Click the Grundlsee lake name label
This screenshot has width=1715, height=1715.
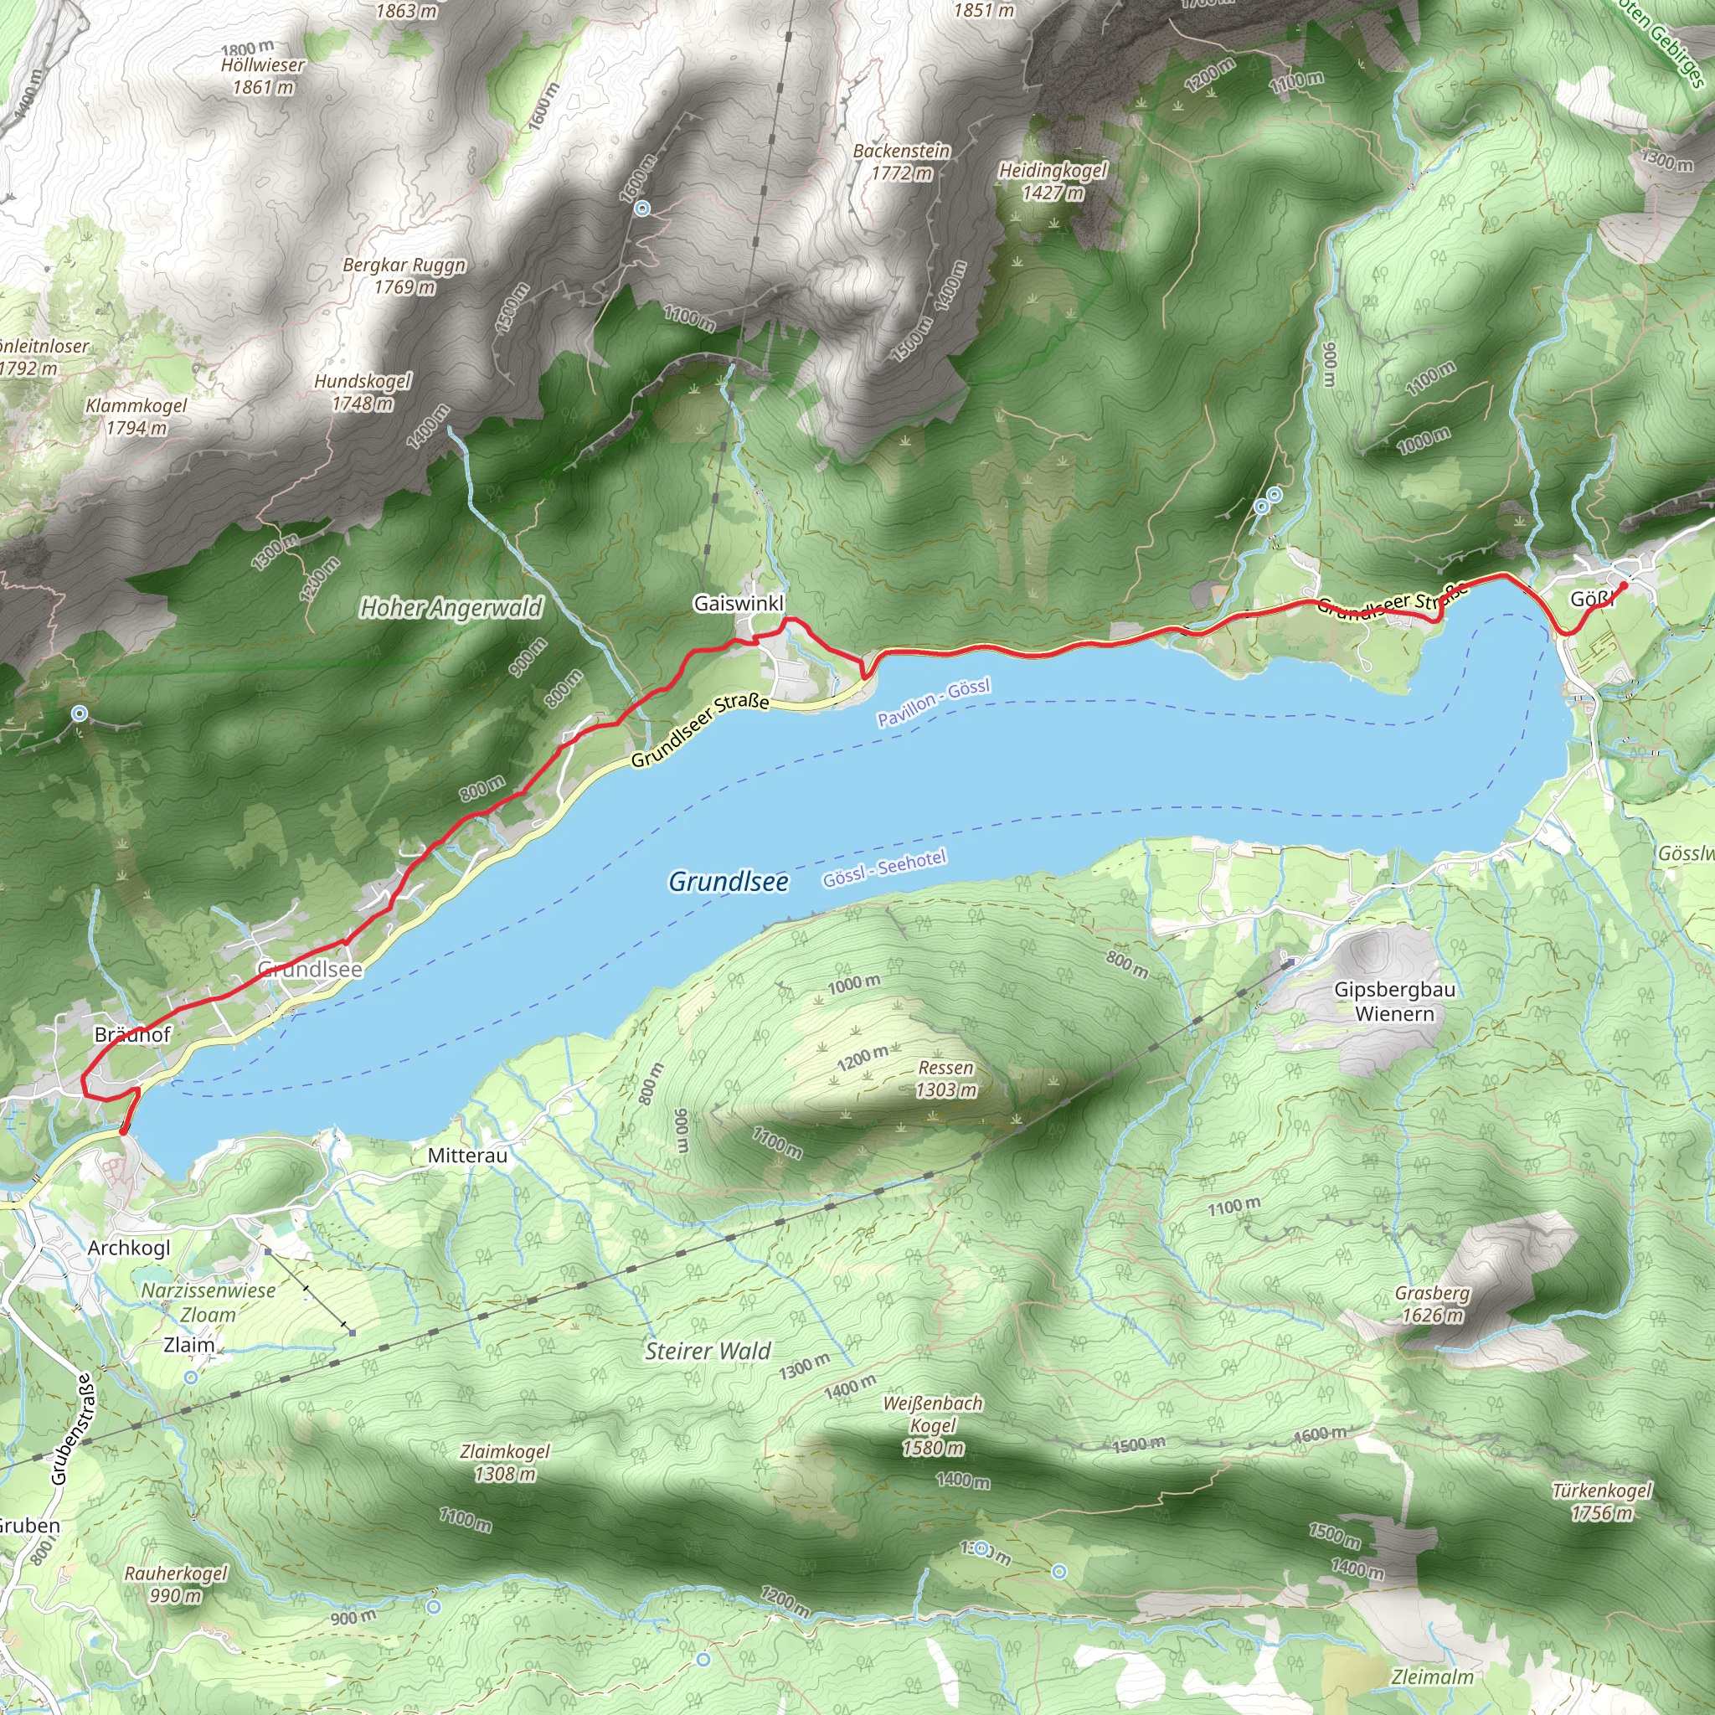(728, 882)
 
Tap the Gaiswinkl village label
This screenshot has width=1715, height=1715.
(739, 604)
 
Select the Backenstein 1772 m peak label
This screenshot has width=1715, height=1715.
(901, 162)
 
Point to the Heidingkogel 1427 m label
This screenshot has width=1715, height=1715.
(1053, 181)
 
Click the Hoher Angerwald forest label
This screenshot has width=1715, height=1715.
(451, 608)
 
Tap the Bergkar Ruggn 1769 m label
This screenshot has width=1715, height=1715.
(404, 276)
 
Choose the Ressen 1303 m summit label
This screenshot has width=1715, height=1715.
(945, 1079)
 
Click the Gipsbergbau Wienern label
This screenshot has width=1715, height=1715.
(1394, 1002)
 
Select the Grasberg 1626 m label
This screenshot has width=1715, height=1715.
(1432, 1304)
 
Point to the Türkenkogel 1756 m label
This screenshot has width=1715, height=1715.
(1601, 1501)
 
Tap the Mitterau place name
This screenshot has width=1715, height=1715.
(467, 1156)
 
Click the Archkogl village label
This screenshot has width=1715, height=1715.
(129, 1247)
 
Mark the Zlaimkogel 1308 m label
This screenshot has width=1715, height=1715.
(505, 1463)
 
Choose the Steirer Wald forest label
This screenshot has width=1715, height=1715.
(708, 1351)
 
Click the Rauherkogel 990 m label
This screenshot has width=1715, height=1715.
(176, 1584)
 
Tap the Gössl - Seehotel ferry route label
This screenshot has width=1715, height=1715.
(884, 868)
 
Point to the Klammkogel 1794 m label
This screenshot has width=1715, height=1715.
(136, 416)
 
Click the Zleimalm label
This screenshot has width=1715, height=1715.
(1432, 1676)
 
